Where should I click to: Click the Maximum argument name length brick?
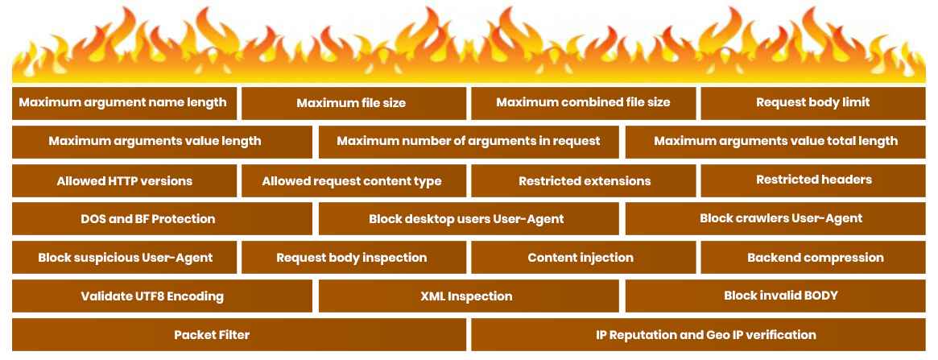125,103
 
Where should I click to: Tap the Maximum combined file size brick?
583,103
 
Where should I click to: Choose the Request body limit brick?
813,103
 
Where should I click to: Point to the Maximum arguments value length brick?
162,142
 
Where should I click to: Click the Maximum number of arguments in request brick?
469,142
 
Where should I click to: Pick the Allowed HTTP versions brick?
125,180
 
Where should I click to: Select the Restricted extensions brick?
583,180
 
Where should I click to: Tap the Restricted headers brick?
813,180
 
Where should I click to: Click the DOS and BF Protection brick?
162,219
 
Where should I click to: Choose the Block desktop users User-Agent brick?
469,219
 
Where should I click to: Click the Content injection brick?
583,257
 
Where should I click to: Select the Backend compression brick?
813,257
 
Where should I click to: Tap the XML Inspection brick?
469,296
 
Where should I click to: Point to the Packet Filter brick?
238,334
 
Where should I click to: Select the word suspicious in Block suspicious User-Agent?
102,258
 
